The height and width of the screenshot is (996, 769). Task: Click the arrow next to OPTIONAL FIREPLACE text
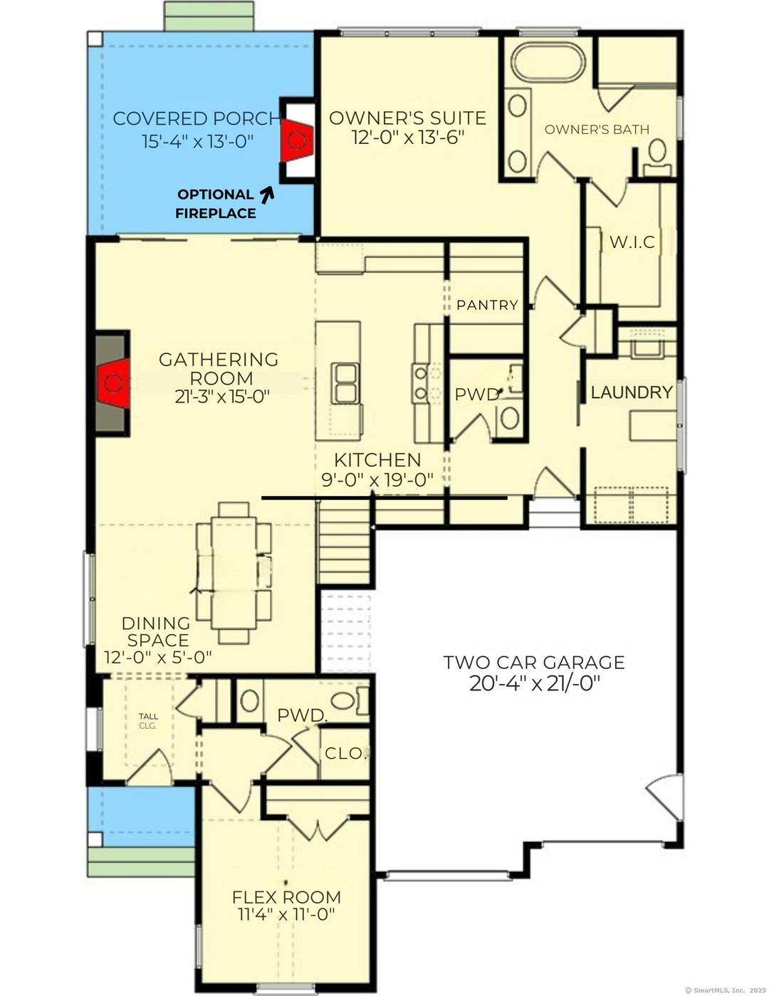pos(267,193)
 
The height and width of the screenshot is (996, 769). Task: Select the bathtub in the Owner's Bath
pos(549,63)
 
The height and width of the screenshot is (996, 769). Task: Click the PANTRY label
pos(487,305)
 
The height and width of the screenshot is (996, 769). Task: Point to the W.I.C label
pos(632,242)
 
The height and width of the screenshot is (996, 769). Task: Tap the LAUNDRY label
pos(632,393)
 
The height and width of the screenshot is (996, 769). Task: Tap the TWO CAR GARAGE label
pos(534,663)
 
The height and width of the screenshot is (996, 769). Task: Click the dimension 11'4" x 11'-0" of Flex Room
pos(286,915)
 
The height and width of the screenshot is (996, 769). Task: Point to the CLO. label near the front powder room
pos(345,753)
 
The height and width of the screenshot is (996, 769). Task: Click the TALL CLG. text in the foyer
pos(148,721)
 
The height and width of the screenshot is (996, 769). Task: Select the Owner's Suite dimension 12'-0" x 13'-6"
pos(408,138)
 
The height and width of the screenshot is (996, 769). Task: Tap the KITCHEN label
pos(377,460)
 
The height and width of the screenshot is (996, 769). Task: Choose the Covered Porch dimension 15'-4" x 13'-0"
pos(197,141)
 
